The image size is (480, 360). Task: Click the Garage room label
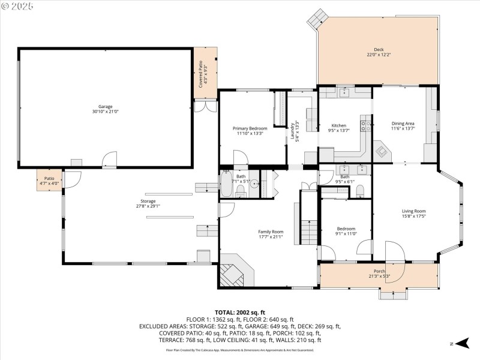(106, 106)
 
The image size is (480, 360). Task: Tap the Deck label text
(378, 50)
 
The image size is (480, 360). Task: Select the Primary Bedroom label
(250, 128)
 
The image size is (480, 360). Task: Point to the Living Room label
(413, 211)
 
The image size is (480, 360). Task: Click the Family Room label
(271, 232)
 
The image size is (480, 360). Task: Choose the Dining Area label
(403, 124)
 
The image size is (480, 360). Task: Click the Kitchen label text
(339, 125)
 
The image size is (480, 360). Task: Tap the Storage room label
(148, 201)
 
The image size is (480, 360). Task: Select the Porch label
(379, 271)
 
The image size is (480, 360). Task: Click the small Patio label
(49, 178)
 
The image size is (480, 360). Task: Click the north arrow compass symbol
(461, 343)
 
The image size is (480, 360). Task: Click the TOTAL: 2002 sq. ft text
(240, 313)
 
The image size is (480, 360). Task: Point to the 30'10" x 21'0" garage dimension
(106, 112)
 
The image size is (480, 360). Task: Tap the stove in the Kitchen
(364, 125)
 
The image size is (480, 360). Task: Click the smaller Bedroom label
(346, 229)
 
